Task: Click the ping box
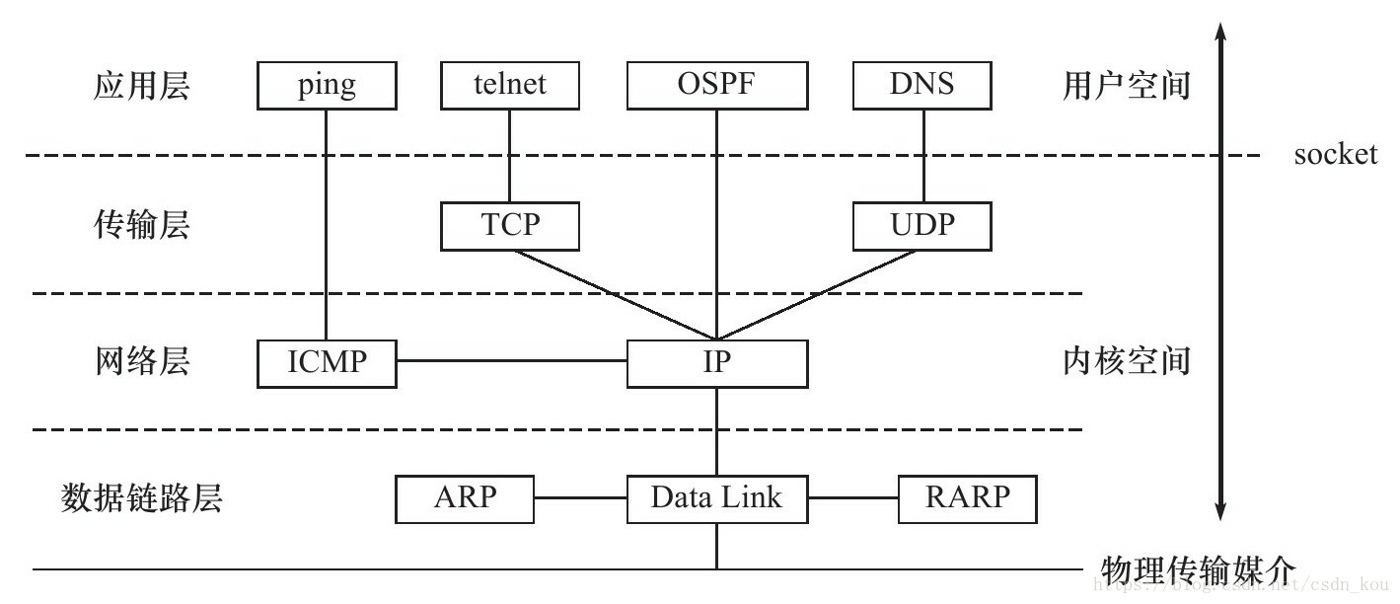pos(327,85)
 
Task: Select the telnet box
pos(509,85)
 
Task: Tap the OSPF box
pos(716,85)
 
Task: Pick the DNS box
pos(921,85)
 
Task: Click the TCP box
pos(509,225)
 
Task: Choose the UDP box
pos(921,225)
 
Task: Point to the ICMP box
pos(327,362)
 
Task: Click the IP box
pos(716,362)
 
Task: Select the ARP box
pos(464,497)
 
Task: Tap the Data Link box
pos(716,497)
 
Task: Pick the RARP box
pos(967,497)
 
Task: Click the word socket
pos(1335,154)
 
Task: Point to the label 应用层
pos(141,86)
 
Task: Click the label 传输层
pos(141,225)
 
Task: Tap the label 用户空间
pos(1126,86)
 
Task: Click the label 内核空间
pos(1126,361)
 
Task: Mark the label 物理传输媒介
pos(1197,569)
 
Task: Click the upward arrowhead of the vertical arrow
pos(1220,33)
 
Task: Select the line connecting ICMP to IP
pos(511,361)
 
